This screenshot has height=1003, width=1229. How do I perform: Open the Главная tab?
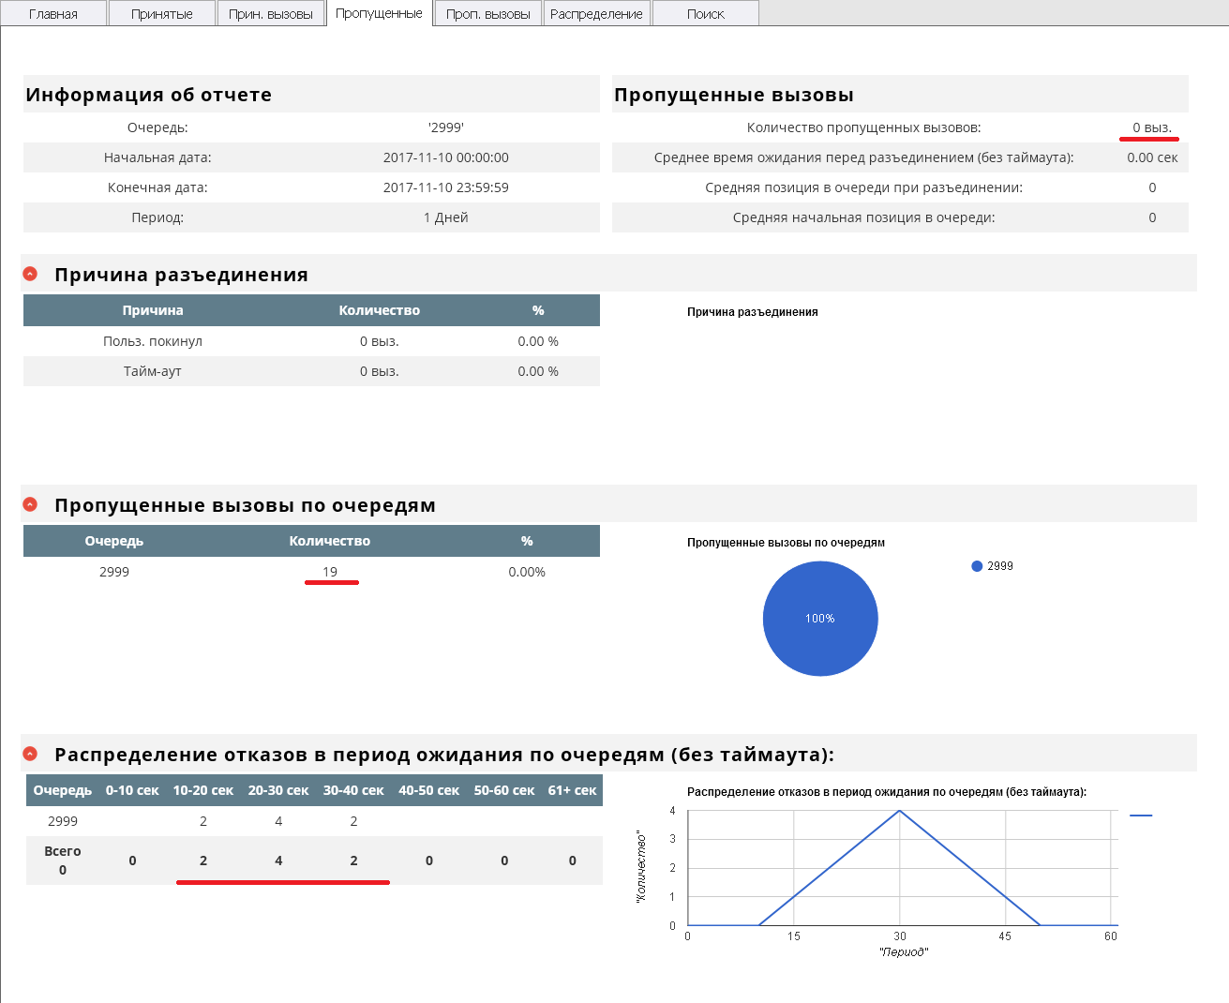coord(53,14)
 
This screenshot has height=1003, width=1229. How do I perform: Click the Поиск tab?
coord(705,14)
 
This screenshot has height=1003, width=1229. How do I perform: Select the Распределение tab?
coord(596,14)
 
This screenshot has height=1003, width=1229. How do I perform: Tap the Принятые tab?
coord(162,14)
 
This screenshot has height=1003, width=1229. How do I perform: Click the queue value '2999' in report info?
coord(446,127)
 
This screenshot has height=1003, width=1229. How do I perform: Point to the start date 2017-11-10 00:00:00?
coord(446,157)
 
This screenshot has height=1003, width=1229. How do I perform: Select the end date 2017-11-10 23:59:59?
coord(446,187)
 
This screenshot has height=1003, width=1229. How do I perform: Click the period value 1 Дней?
coord(446,217)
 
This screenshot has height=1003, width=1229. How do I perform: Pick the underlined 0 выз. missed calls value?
coord(1151,127)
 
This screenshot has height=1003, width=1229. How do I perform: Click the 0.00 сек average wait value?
coord(1152,157)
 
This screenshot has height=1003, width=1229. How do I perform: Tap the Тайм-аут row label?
coord(153,371)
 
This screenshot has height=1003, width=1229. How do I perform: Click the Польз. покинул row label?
coord(153,341)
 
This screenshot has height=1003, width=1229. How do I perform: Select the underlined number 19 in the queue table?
coord(330,572)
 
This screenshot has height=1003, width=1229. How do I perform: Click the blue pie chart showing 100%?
coord(820,619)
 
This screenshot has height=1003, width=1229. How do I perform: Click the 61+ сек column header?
coord(572,790)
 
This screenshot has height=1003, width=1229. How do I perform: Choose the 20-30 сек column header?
coord(278,790)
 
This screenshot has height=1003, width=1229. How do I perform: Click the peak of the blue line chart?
coord(900,811)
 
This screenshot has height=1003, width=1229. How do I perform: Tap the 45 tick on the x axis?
coord(1005,936)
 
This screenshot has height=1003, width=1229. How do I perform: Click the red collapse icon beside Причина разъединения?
coord(30,274)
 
